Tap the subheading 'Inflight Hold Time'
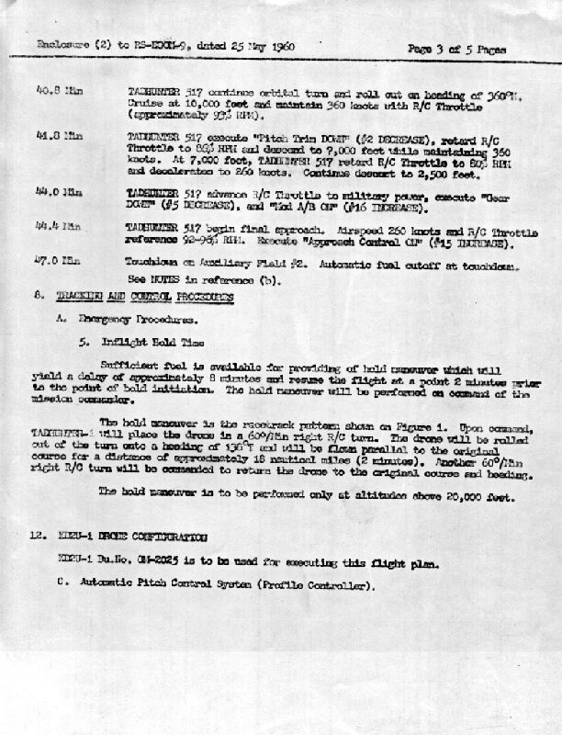point(151,344)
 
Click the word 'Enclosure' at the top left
point(61,44)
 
